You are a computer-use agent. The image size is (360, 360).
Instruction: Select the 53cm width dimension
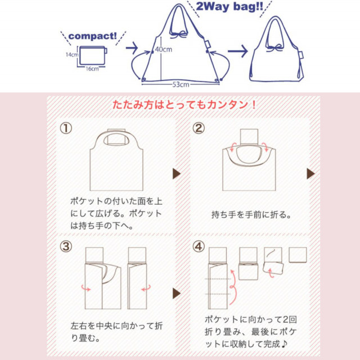[x=181, y=84]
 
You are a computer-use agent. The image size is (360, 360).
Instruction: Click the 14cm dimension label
[x=70, y=55]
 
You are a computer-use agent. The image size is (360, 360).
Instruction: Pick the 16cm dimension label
[x=92, y=69]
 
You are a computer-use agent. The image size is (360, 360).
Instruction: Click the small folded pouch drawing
[x=92, y=56]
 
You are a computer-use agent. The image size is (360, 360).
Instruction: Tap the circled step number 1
[x=66, y=128]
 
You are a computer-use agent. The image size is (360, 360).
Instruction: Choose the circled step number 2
[x=199, y=128]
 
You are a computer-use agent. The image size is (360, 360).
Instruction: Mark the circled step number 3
[x=66, y=246]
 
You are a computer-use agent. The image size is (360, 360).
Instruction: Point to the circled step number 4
[x=199, y=246]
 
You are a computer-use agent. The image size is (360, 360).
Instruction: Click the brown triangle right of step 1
[x=176, y=173]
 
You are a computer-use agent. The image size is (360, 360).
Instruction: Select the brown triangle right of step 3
[x=176, y=292]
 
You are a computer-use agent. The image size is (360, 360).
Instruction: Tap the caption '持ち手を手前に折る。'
[x=252, y=214]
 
